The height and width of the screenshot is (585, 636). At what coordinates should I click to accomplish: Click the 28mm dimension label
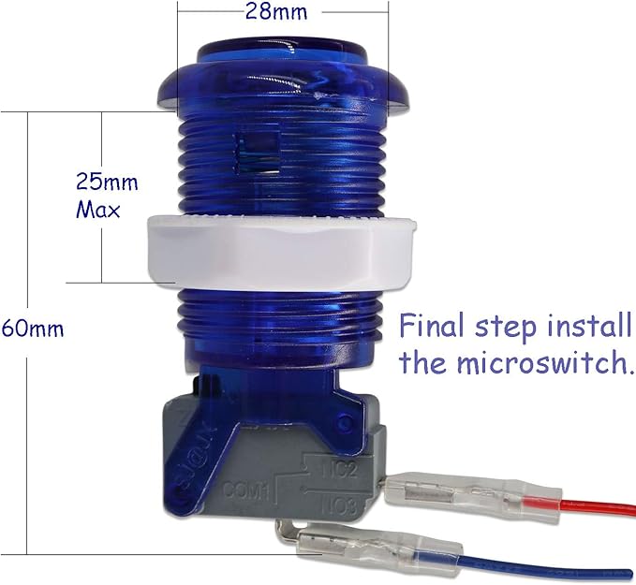coord(276,11)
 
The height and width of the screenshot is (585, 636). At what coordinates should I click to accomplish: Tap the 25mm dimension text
coord(107,182)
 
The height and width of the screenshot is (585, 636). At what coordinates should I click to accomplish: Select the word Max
coord(98,210)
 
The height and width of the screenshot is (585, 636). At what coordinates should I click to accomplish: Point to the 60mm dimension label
coord(33,329)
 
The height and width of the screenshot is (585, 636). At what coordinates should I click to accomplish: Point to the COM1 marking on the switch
coord(245,491)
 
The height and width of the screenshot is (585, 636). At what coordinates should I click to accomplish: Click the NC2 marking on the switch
coord(340,470)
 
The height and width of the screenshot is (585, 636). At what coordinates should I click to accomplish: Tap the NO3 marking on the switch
coord(340,506)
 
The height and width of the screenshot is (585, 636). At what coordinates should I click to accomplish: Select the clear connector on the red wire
coord(473,497)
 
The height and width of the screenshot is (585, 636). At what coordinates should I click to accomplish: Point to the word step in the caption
coord(506,328)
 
